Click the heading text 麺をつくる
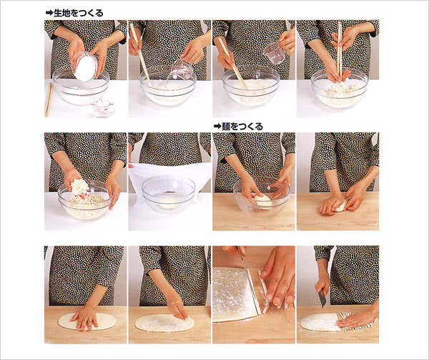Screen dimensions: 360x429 click(x=243, y=126)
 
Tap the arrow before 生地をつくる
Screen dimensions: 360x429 click(x=49, y=13)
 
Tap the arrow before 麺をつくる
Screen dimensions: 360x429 click(x=217, y=126)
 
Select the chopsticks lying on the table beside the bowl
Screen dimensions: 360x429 click(x=49, y=99)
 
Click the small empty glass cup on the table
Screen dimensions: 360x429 click(x=102, y=108)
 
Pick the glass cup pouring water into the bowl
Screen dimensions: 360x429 click(x=179, y=70)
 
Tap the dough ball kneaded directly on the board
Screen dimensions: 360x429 click(x=338, y=206)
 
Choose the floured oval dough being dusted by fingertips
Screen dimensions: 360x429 click(x=161, y=322)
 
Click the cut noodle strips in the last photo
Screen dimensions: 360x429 click(x=354, y=320)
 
